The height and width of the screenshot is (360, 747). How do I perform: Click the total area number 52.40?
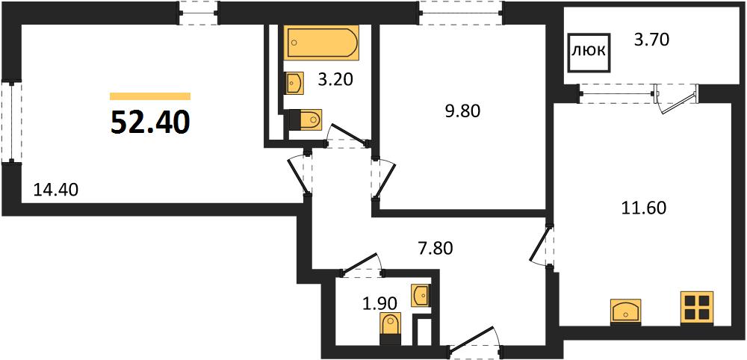(x=150, y=122)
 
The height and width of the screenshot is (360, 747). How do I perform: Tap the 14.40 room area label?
(x=55, y=190)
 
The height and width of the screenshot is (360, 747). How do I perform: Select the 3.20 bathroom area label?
(x=335, y=79)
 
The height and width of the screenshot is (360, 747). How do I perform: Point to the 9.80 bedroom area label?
(x=462, y=111)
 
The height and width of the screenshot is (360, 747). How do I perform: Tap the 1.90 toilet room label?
(x=380, y=302)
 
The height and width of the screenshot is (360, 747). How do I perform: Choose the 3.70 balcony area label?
(x=652, y=40)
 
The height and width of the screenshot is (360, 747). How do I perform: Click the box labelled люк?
(x=590, y=52)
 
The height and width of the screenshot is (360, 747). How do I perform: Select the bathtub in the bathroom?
(x=321, y=43)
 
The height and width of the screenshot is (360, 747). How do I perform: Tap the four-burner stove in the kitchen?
(x=698, y=308)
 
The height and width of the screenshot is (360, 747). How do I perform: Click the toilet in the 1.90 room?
(x=391, y=329)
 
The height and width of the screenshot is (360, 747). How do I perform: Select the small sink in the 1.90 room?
(x=421, y=296)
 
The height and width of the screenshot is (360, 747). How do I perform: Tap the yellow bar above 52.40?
(x=150, y=96)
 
